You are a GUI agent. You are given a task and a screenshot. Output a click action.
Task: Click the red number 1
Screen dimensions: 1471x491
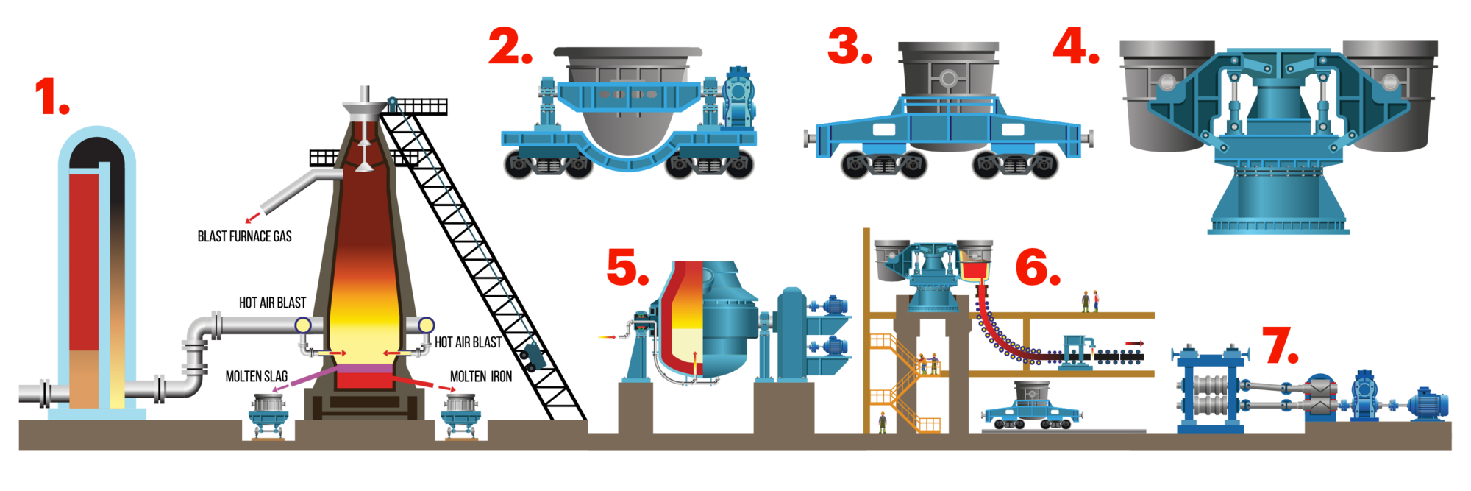(51, 97)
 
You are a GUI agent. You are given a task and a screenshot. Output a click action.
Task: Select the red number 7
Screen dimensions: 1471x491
(1281, 345)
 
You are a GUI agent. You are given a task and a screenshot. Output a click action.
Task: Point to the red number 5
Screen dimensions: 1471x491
(627, 266)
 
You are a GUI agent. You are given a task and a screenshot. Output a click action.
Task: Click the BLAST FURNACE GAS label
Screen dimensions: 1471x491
(245, 236)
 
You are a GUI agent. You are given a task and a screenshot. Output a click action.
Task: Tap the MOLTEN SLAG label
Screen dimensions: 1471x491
(256, 376)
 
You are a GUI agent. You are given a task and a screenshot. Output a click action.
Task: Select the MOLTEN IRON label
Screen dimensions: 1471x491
(481, 376)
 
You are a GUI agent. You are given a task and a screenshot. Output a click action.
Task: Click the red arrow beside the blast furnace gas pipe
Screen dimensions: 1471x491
(252, 217)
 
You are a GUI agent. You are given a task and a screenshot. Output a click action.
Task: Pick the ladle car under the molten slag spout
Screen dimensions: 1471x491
(267, 416)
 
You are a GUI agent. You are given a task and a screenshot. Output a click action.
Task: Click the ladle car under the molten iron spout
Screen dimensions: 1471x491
(460, 416)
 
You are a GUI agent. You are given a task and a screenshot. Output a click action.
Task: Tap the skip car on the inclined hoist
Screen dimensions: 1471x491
(532, 356)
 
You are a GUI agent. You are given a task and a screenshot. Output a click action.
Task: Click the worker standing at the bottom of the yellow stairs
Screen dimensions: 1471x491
(883, 423)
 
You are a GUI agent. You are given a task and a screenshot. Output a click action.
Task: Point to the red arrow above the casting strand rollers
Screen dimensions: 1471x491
(1135, 343)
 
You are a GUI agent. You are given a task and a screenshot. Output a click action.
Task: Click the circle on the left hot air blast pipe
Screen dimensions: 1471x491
(302, 325)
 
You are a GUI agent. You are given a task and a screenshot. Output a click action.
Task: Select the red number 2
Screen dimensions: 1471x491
(510, 46)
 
